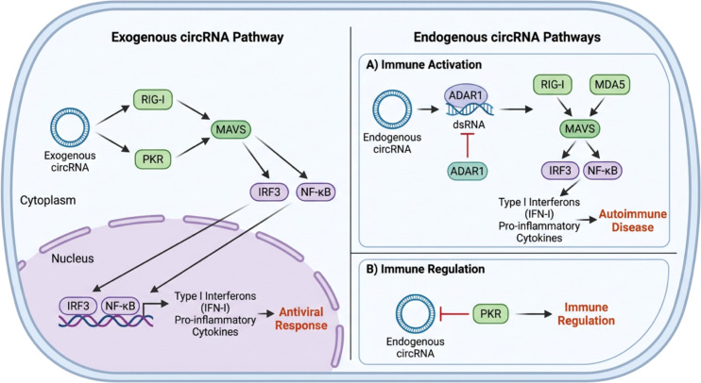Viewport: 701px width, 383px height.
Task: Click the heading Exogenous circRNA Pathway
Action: click(x=197, y=37)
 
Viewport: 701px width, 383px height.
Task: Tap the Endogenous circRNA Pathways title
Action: click(x=507, y=37)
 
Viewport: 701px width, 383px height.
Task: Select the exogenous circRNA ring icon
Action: click(x=70, y=127)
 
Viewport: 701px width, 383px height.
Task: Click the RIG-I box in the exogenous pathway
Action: click(x=153, y=99)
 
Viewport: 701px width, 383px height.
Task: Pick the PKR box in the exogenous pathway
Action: click(x=153, y=158)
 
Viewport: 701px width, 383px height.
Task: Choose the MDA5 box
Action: click(x=609, y=84)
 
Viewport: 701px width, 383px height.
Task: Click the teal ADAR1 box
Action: click(x=468, y=171)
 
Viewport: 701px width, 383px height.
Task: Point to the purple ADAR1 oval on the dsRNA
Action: click(x=466, y=95)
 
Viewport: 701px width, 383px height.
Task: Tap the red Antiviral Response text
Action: click(x=300, y=319)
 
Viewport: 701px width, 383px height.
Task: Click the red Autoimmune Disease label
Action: click(x=633, y=221)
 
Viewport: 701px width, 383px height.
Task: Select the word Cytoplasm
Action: click(x=48, y=200)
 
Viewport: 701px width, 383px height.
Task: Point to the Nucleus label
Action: click(x=73, y=258)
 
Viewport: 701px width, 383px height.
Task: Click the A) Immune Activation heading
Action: click(x=423, y=65)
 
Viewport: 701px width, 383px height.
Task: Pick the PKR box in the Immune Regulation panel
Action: click(x=490, y=314)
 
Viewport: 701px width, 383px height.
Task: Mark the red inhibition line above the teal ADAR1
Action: click(x=468, y=145)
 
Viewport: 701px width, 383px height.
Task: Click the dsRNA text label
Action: click(x=468, y=125)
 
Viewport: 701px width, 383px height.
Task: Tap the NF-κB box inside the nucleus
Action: click(x=121, y=306)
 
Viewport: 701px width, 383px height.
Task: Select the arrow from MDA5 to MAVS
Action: click(x=598, y=108)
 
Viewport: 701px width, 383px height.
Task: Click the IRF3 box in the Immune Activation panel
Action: click(x=559, y=171)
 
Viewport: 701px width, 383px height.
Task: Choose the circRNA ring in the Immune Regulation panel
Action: click(x=416, y=314)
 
